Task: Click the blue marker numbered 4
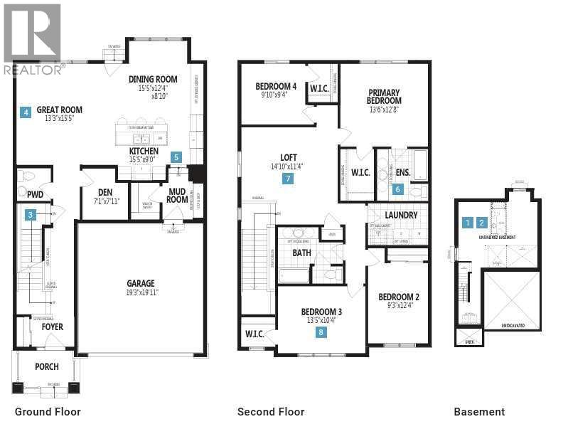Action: [x=26, y=112]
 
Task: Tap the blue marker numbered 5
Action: [x=176, y=157]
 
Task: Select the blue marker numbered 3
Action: [x=31, y=214]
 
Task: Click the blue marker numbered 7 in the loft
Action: [x=288, y=179]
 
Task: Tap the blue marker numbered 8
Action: [x=321, y=332]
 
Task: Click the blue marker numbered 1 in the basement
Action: [x=467, y=223]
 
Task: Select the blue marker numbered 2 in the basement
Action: [x=482, y=223]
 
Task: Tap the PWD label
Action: [x=35, y=194]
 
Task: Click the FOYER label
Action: [x=52, y=327]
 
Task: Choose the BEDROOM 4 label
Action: [x=276, y=87]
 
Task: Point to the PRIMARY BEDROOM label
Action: [x=384, y=96]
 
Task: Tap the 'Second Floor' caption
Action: [x=271, y=412]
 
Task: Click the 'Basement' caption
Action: [x=479, y=412]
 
